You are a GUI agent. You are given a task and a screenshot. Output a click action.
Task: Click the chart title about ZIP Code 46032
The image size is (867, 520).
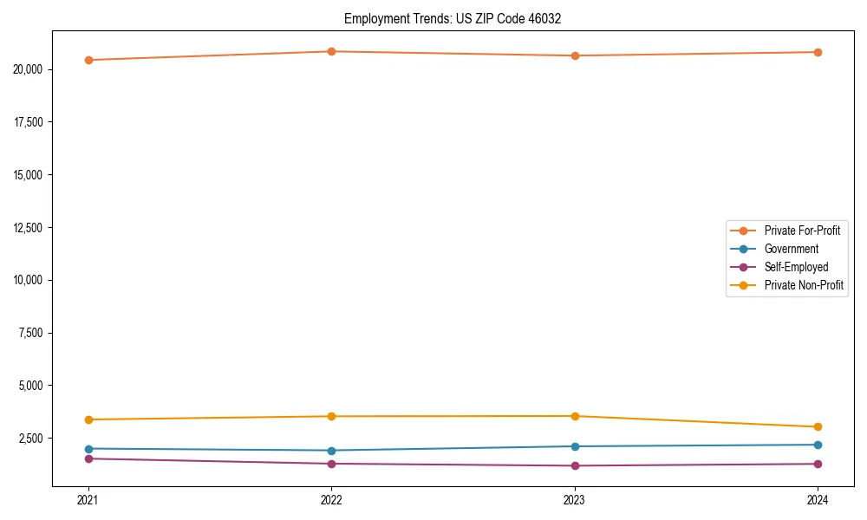click(453, 18)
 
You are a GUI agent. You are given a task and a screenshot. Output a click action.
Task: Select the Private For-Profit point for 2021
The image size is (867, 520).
click(88, 60)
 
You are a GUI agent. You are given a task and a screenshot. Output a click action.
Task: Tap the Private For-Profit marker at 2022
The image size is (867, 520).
click(331, 51)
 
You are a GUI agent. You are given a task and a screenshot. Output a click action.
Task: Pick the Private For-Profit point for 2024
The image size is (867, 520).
click(818, 52)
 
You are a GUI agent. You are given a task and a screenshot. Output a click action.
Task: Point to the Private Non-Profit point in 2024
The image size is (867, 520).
click(818, 426)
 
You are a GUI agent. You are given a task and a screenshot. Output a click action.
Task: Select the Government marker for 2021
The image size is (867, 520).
click(88, 449)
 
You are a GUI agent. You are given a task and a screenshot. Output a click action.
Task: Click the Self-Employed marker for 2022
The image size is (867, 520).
click(331, 464)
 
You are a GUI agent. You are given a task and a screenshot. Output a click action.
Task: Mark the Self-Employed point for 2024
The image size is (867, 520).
click(818, 464)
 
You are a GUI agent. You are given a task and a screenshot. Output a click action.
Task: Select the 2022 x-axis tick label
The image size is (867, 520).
click(331, 499)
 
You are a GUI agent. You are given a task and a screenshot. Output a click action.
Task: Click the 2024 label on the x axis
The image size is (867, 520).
click(818, 499)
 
